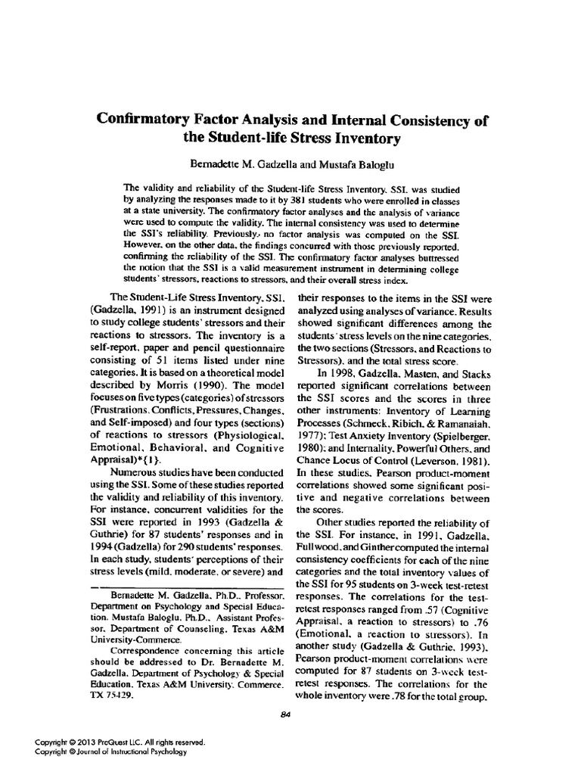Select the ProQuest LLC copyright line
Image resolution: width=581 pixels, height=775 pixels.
(120, 742)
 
